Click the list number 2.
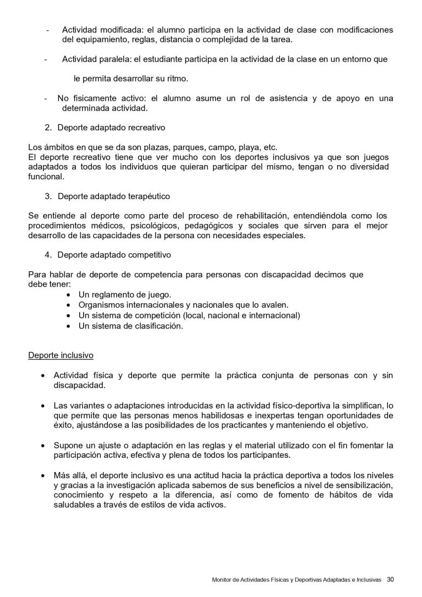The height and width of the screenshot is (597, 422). [47, 128]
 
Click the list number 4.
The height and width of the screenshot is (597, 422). [47, 255]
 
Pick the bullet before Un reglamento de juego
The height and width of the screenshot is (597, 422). [68, 295]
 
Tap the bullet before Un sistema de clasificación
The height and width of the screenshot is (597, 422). [68, 326]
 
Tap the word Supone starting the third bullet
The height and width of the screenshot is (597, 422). [68, 445]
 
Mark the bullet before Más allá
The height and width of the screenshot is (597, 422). [42, 475]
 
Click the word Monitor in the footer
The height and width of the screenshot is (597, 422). [223, 579]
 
